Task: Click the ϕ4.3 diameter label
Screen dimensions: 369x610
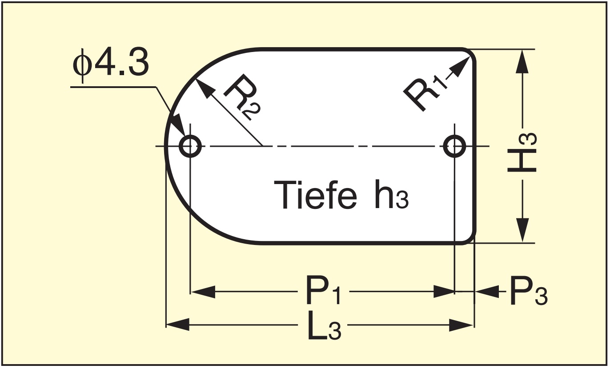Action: coord(111,65)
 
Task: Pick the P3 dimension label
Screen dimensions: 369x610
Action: coord(528,292)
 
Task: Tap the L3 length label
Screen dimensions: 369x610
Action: coord(325,326)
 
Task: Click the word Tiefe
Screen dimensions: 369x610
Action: coord(315,195)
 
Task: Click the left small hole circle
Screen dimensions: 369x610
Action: coord(190,145)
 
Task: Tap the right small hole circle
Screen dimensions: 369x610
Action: coord(454,145)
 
